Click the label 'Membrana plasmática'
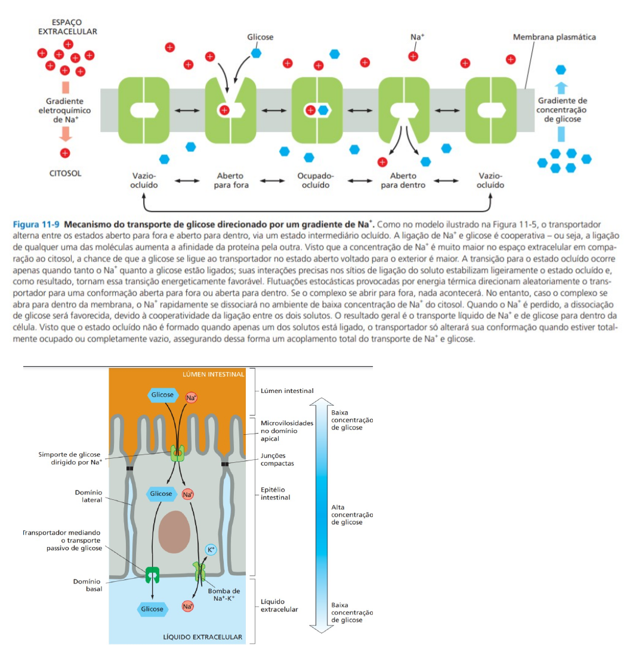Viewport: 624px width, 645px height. pyautogui.click(x=554, y=37)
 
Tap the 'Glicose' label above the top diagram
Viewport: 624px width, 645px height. pyautogui.click(x=260, y=37)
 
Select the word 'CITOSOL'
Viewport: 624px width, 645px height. pyautogui.click(x=65, y=174)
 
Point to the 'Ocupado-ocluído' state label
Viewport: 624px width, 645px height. pyautogui.click(x=316, y=180)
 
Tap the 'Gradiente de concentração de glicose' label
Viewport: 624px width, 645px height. pyautogui.click(x=562, y=110)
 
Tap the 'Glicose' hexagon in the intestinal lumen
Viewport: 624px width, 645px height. pyautogui.click(x=162, y=395)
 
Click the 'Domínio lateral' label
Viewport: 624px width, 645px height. pyautogui.click(x=88, y=496)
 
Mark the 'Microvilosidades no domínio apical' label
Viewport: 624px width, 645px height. pyautogui.click(x=286, y=431)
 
